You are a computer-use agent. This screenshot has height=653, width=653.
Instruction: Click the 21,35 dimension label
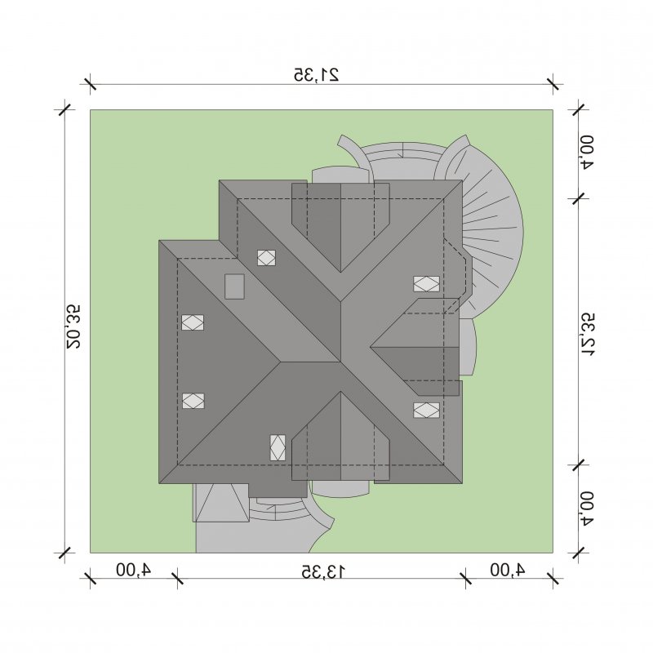pos(317,74)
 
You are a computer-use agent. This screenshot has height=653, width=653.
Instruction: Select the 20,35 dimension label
pos(73,326)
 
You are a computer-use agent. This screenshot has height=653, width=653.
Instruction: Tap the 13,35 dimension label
pos(323,572)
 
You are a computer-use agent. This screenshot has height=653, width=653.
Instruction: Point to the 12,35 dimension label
pos(588,334)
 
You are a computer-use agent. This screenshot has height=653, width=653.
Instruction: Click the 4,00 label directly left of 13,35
pos(133,569)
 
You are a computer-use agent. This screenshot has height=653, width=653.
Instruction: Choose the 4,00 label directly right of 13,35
pos(507,569)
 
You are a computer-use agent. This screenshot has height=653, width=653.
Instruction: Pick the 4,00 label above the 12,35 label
pos(588,152)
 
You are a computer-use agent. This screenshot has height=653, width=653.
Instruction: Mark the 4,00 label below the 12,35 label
pos(588,509)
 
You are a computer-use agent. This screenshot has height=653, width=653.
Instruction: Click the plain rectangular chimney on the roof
pos(234,287)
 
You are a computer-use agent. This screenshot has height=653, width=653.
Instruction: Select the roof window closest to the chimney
pos(266,258)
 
